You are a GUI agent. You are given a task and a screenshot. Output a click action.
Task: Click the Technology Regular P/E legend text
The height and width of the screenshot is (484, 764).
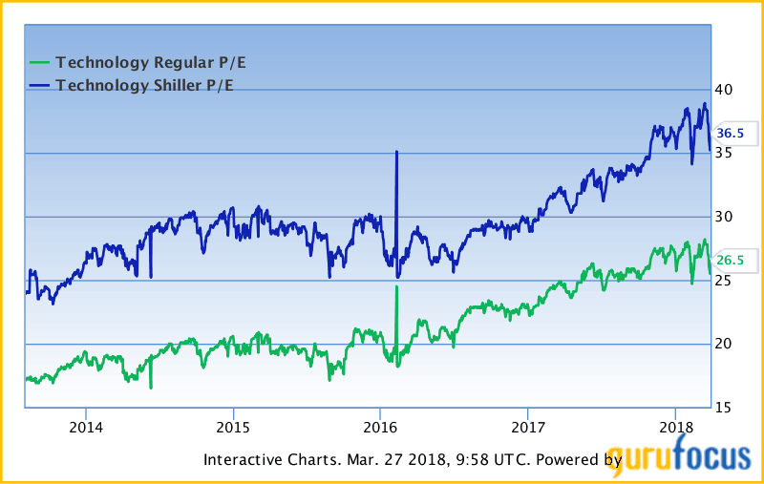[x=158, y=63]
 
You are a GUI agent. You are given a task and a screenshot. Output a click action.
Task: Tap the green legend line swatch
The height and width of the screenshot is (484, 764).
[x=39, y=63]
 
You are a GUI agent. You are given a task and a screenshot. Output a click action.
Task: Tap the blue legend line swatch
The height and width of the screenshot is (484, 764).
[x=39, y=85]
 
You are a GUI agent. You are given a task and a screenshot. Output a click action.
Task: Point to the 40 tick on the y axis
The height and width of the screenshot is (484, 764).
[x=727, y=90]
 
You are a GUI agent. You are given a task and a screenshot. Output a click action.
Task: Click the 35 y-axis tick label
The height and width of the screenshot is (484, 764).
[x=727, y=153]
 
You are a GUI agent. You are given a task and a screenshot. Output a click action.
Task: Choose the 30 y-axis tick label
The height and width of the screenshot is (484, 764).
[x=727, y=217]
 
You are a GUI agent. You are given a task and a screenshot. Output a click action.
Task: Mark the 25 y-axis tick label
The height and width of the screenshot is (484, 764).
[x=727, y=281]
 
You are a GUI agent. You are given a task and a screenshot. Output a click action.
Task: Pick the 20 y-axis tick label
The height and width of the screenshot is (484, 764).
[x=727, y=344]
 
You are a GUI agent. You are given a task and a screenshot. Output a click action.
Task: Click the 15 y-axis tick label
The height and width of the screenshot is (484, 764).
[x=727, y=408]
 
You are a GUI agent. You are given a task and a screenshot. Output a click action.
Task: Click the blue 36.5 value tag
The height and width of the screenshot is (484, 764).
[x=731, y=134]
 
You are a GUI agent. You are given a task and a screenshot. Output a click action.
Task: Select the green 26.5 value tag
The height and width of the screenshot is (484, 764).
[x=731, y=261]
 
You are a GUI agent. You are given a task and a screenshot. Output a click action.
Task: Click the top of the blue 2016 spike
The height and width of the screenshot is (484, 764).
[x=396, y=152]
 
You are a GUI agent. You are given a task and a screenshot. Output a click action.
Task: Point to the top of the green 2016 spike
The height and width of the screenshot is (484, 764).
[x=396, y=287]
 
